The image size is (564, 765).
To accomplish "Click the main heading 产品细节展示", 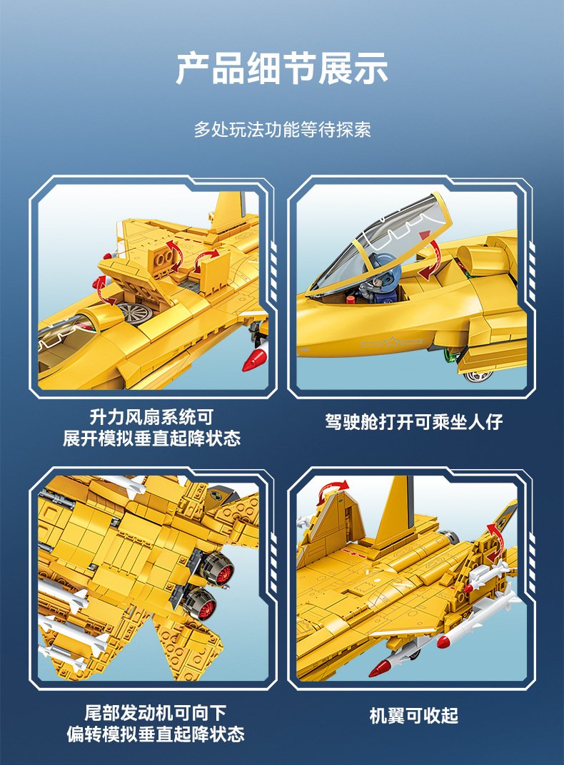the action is (x=282, y=68).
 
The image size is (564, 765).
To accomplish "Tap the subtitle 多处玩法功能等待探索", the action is (x=282, y=129).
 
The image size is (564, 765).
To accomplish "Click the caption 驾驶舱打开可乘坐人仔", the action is (x=413, y=421).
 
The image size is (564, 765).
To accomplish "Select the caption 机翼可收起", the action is (x=413, y=715).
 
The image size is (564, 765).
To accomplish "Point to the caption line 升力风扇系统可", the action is (x=152, y=417).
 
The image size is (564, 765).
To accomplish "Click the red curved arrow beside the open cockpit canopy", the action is (x=430, y=259).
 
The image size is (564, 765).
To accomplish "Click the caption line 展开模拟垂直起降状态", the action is (x=152, y=438).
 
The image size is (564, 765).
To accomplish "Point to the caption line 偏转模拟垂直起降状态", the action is (x=156, y=734).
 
